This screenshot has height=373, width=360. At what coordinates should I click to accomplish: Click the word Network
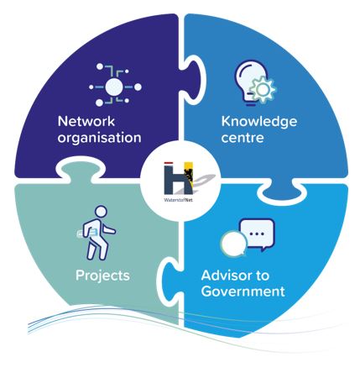click(86, 122)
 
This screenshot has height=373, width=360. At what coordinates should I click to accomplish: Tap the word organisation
click(99, 138)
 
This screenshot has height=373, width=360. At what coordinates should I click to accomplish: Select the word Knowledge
click(259, 122)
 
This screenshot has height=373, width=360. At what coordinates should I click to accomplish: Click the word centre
click(243, 138)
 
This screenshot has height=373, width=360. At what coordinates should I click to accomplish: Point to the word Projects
click(102, 276)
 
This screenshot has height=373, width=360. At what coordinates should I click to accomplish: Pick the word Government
click(243, 292)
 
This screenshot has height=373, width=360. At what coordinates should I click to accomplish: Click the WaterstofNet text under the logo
click(179, 200)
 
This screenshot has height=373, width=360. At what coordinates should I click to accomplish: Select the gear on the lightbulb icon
click(263, 90)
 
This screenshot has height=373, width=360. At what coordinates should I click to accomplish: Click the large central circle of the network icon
click(114, 87)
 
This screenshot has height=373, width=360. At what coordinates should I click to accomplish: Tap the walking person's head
click(102, 211)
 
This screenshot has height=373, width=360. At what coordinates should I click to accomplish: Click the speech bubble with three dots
click(257, 234)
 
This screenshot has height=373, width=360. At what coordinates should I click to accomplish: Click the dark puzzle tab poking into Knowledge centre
click(194, 80)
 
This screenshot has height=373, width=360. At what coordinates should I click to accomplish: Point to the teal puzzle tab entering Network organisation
click(81, 170)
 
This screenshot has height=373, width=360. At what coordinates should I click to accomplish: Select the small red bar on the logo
click(168, 163)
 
